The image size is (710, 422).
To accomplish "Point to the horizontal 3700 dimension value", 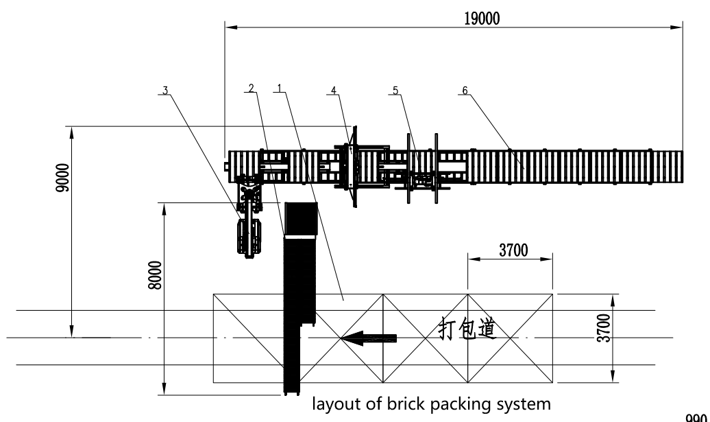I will (512, 251).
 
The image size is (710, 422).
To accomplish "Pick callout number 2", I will (252, 88).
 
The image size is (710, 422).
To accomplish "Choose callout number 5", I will (395, 90).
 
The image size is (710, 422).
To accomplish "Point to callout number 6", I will (465, 90).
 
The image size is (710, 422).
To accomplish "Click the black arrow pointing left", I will (369, 338).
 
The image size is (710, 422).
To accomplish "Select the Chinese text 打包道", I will (467, 330).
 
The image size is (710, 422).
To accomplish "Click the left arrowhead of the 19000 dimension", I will (230, 27).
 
